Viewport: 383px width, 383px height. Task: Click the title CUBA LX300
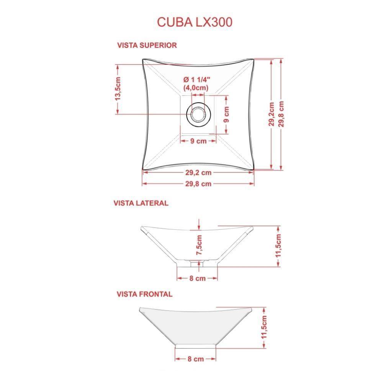tap(194, 22)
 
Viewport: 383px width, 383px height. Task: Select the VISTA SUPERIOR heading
tap(147, 45)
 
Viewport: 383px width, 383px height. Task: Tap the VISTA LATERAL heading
tap(141, 203)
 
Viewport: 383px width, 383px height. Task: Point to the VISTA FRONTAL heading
tap(144, 294)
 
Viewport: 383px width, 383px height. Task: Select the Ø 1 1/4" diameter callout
tap(197, 80)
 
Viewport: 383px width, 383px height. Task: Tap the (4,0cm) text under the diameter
tap(196, 88)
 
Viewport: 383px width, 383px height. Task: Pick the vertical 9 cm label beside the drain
tap(226, 114)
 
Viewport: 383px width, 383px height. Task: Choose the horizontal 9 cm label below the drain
tap(198, 141)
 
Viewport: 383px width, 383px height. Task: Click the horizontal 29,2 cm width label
tap(198, 172)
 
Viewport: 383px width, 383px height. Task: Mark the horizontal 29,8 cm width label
tap(198, 183)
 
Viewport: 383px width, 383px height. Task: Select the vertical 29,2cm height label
tap(272, 114)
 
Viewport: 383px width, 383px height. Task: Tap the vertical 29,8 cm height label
tap(282, 114)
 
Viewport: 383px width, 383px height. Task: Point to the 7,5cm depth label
tap(199, 246)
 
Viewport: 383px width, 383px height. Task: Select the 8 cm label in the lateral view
tap(198, 278)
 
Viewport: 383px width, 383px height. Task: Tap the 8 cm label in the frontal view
tap(196, 359)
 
